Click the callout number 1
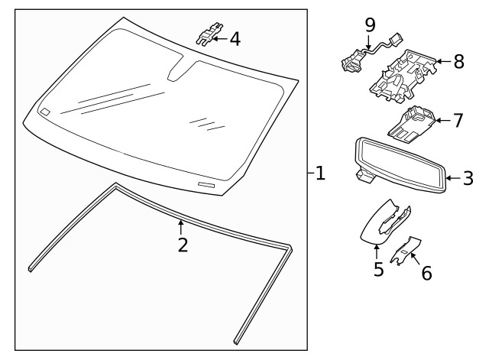320,174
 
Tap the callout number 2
182,245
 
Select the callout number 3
468,179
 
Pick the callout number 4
235,38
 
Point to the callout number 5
378,269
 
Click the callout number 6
426,271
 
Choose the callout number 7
458,120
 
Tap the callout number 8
458,62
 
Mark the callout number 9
370,25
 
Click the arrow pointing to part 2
180,226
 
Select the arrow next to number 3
451,179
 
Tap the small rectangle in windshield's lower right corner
206,185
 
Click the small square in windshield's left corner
45,112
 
